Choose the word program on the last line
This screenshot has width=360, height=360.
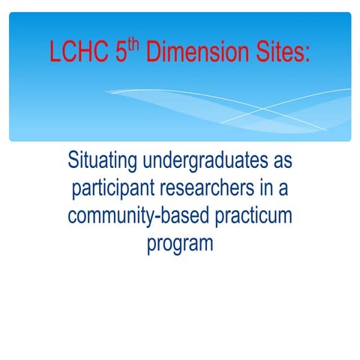coord(180,244)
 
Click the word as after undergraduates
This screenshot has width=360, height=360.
coord(280,163)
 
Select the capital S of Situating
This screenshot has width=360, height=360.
coord(73,161)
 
